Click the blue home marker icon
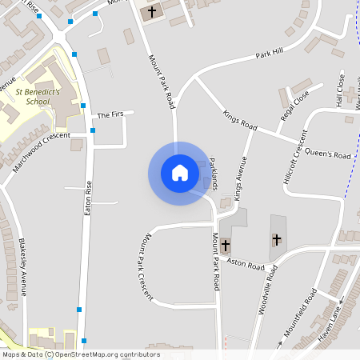point(180,173)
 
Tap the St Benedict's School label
point(38,97)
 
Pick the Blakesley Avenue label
point(23,268)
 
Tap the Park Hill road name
point(270,54)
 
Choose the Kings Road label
point(240,122)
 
